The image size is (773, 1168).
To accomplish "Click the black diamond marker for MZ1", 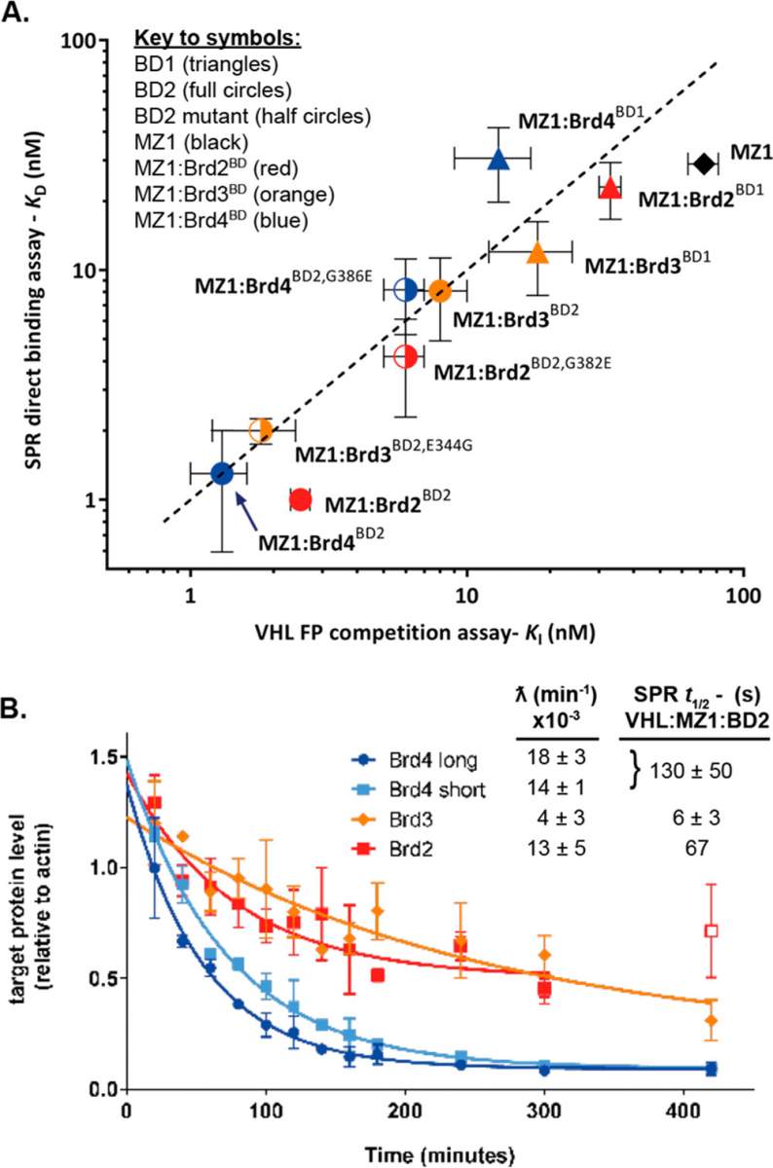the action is tap(704, 164).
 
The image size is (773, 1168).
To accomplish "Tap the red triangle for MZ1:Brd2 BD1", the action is tap(610, 188).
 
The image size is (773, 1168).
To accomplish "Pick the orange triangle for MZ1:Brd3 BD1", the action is tap(537, 253).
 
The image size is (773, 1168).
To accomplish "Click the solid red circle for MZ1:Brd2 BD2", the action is tap(301, 499).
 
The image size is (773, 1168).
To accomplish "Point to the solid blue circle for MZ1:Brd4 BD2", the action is tap(222, 473).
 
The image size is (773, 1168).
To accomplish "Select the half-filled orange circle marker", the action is tap(261, 430).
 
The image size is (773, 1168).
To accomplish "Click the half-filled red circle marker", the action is tap(405, 356).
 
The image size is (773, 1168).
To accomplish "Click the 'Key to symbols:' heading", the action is tap(218, 39).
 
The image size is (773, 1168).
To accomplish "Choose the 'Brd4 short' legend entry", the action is tap(419, 789).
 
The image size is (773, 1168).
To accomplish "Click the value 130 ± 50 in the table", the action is tap(690, 771).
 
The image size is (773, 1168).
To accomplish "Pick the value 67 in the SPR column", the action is tap(696, 848).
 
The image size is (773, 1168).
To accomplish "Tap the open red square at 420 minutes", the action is tap(712, 931).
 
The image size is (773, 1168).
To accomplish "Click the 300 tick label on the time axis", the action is tap(544, 1112).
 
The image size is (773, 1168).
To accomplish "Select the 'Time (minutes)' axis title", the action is tap(439, 1155).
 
